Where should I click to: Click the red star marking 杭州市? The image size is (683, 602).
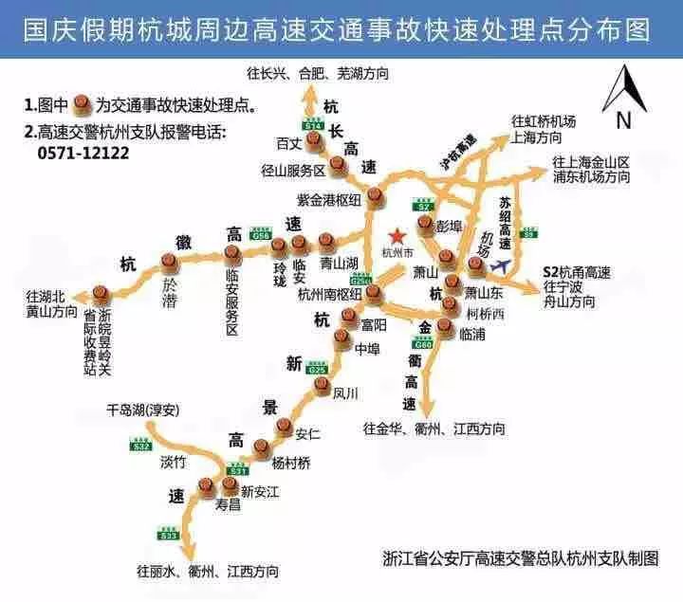397,235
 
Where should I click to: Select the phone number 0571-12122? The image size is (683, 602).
84,152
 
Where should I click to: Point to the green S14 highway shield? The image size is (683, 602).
314,124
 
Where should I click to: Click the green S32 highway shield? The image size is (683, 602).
141,446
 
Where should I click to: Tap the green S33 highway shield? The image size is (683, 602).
169,536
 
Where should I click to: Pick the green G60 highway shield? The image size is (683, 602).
422,344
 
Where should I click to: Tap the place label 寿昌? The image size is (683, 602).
229,506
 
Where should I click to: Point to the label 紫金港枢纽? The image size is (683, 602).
329,198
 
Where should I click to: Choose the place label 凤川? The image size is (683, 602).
346,392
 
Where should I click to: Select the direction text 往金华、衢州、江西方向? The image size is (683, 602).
434,429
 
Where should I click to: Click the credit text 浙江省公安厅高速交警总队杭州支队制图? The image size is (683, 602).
520,557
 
